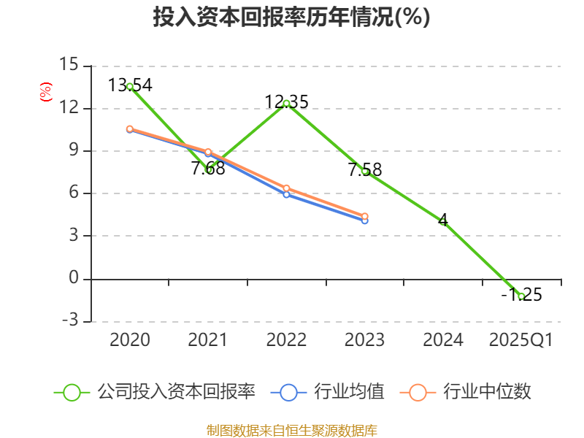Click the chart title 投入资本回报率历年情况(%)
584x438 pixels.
(x=291, y=18)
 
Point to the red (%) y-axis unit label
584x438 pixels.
(x=45, y=93)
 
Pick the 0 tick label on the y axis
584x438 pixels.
(x=73, y=278)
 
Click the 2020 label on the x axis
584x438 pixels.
(x=130, y=340)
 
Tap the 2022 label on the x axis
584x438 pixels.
(x=286, y=340)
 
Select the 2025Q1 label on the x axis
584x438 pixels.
(x=521, y=340)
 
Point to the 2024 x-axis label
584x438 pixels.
(x=443, y=340)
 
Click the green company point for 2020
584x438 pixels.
(x=130, y=86)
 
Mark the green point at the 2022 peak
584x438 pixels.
(x=286, y=103)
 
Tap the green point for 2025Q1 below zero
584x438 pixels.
(x=521, y=296)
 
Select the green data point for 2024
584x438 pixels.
(x=443, y=222)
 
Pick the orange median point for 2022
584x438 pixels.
(x=286, y=188)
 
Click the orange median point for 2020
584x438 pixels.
(x=130, y=129)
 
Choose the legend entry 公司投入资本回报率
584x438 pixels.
(x=155, y=392)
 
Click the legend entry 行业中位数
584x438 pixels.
(x=465, y=392)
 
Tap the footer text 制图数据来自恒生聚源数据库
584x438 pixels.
(x=291, y=430)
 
